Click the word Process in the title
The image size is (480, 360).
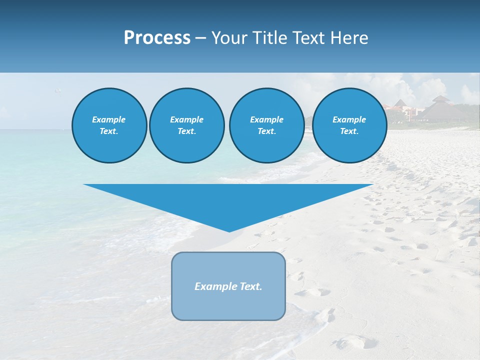click(x=157, y=38)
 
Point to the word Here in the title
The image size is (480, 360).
click(x=349, y=38)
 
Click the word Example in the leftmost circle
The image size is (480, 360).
click(x=109, y=119)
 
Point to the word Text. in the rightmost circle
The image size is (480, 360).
click(x=349, y=131)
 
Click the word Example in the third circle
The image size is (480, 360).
click(x=266, y=119)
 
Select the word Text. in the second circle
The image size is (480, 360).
click(x=186, y=131)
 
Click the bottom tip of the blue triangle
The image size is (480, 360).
click(x=229, y=230)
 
